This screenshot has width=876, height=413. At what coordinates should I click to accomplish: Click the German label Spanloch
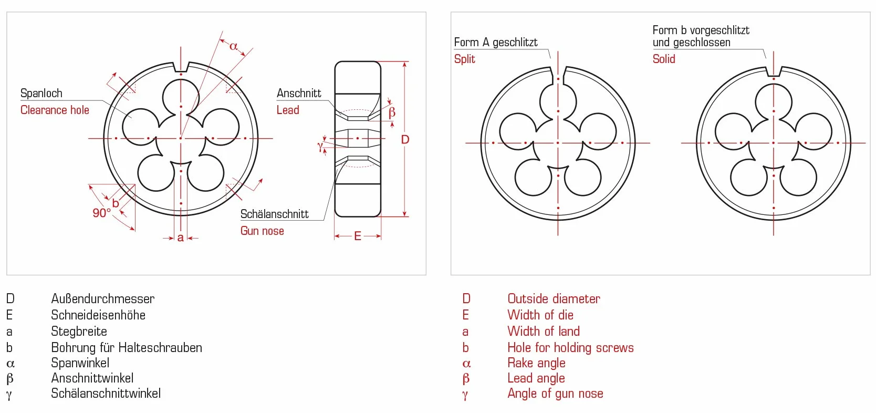click(x=41, y=94)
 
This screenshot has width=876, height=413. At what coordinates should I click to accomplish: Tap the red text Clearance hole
click(x=55, y=110)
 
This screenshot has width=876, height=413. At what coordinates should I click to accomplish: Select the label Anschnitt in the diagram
click(x=299, y=93)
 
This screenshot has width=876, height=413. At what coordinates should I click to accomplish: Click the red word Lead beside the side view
click(x=288, y=110)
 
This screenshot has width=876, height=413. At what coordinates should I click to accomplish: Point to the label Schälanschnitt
click(x=275, y=214)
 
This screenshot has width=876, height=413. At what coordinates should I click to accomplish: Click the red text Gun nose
click(x=262, y=231)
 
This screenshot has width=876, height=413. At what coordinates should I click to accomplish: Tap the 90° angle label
click(x=102, y=213)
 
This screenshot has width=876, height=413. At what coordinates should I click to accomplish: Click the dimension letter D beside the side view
click(x=405, y=139)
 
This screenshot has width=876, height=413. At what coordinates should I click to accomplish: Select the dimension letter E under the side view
click(x=358, y=236)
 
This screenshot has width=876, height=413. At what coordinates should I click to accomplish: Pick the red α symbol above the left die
click(x=234, y=47)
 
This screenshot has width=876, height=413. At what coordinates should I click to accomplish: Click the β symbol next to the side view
click(x=392, y=112)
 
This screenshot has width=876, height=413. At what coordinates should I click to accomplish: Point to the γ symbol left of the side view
click(x=320, y=147)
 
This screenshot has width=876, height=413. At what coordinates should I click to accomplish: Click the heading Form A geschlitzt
click(x=495, y=42)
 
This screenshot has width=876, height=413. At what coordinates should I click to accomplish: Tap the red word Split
click(x=465, y=59)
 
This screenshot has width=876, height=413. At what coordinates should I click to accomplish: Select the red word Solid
click(x=664, y=59)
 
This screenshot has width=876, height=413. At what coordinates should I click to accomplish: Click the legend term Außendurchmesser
click(x=103, y=299)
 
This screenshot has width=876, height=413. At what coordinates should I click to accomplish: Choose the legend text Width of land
click(x=544, y=331)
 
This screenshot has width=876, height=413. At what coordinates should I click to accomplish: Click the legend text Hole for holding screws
click(x=570, y=348)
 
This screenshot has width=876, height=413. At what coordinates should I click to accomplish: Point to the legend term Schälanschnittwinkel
click(x=106, y=394)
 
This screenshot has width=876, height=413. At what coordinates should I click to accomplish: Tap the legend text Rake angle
click(x=537, y=363)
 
